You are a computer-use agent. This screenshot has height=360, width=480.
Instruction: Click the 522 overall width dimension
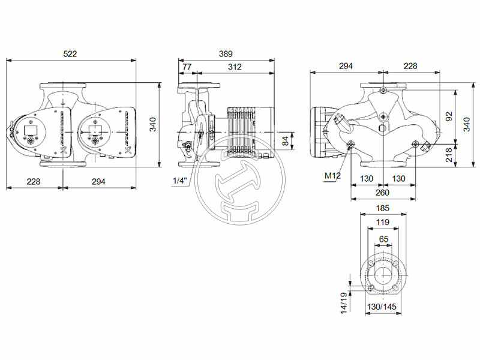click(70, 54)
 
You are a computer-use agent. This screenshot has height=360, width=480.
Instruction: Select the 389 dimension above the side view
click(225, 54)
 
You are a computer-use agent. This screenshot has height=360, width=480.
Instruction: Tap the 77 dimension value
click(187, 67)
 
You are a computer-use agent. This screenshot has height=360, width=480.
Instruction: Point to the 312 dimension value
click(235, 67)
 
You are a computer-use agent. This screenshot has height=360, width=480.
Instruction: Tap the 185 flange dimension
click(382, 208)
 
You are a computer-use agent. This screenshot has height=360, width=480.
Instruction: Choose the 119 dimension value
click(382, 223)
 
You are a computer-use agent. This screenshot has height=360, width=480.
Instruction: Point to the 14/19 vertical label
click(343, 303)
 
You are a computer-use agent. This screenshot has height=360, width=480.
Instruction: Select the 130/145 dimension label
click(382, 307)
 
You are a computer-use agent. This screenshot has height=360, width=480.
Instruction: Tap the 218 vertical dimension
click(450, 155)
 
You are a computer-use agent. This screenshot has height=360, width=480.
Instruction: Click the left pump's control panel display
click(30, 128)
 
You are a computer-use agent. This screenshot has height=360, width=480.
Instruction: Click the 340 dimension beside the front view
click(152, 125)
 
